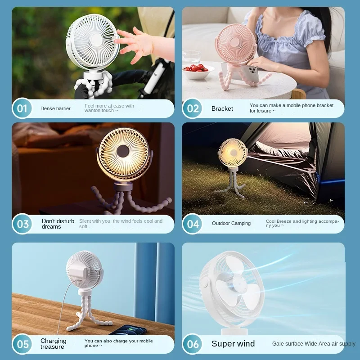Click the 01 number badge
pyautogui.click(x=22, y=108)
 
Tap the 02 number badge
pyautogui.click(x=193, y=108)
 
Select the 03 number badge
pyautogui.click(x=22, y=224)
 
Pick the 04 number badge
pyautogui.click(x=193, y=224)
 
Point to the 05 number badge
pyautogui.click(x=22, y=344)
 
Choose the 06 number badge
pyautogui.click(x=193, y=344)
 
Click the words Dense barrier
pyautogui.click(x=55, y=108)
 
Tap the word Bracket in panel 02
pyautogui.click(x=222, y=108)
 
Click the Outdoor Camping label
pyautogui.click(x=231, y=223)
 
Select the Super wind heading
pyautogui.click(x=233, y=343)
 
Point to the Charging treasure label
pyautogui.click(x=53, y=344)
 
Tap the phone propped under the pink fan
pyautogui.click(x=251, y=74)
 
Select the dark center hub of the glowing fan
pyautogui.click(x=122, y=151)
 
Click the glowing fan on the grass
pyautogui.click(x=233, y=153)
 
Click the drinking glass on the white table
pyautogui.click(x=191, y=58)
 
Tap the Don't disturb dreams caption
pyautogui.click(x=58, y=224)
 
